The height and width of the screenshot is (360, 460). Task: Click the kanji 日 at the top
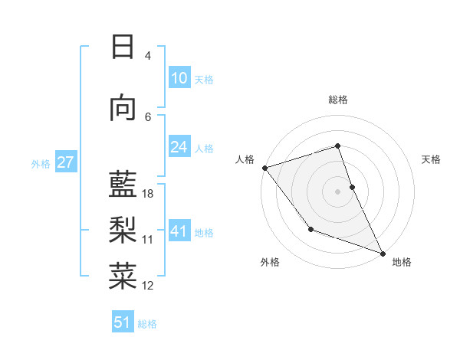point(123,47)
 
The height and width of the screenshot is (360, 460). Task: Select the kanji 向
point(123,108)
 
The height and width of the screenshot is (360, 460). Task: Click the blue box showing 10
point(179,78)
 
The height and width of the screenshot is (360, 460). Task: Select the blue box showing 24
point(179,147)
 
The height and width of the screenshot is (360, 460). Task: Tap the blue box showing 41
point(179,231)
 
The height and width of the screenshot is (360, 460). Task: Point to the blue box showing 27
point(65,162)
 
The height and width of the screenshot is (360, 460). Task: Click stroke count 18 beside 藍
point(148,194)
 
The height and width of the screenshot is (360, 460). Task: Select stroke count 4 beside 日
point(148,56)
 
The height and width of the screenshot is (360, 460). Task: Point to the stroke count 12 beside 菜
point(148,286)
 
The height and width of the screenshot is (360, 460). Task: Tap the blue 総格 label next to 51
point(147,324)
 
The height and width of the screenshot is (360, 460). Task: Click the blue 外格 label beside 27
point(41,163)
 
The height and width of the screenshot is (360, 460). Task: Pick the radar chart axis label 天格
point(431,159)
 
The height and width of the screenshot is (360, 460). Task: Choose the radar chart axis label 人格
point(245,159)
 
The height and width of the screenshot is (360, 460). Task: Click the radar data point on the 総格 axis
point(337,146)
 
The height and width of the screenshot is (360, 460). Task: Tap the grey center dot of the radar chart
point(337,191)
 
